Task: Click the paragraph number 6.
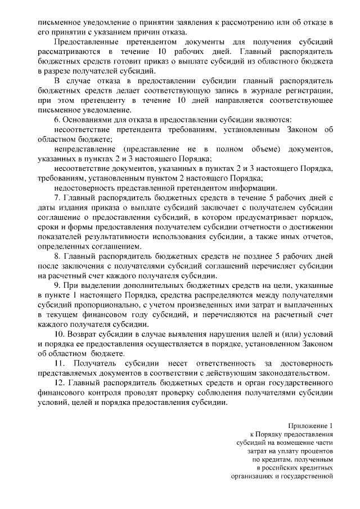click(x=57, y=120)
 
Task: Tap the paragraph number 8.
click(x=57, y=256)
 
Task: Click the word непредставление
click(x=84, y=149)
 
